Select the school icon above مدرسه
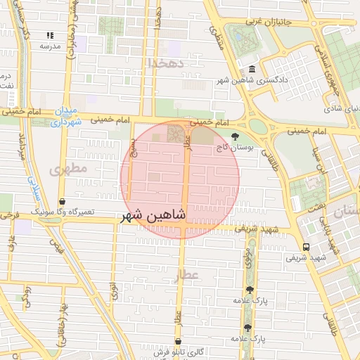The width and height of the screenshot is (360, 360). click(50, 35)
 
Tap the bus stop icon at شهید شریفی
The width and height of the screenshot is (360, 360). click(306, 247)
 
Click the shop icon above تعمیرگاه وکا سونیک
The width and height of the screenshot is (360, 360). click(63, 201)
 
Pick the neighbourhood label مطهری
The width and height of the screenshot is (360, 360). click(70, 169)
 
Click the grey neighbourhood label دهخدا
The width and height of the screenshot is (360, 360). click(166, 63)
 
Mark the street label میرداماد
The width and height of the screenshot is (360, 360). click(23, 148)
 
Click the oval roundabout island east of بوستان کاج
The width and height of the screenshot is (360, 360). click(258, 127)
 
